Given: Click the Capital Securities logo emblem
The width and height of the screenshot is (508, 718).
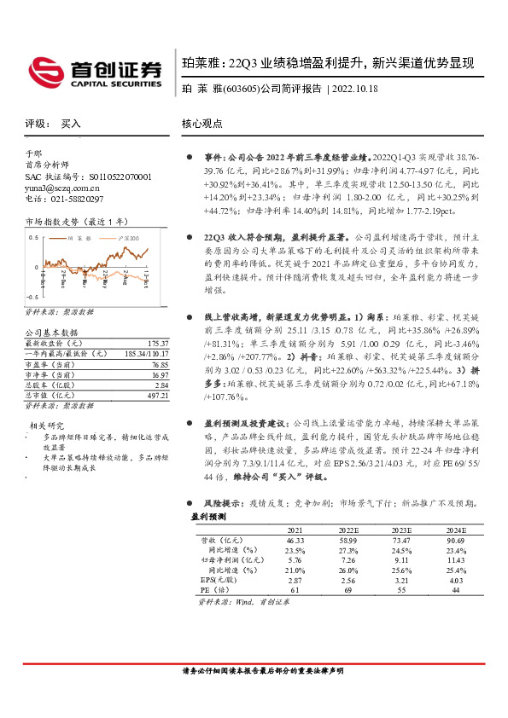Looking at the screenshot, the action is tap(46, 68).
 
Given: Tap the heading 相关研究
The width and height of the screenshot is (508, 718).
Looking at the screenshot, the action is tap(47, 425).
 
